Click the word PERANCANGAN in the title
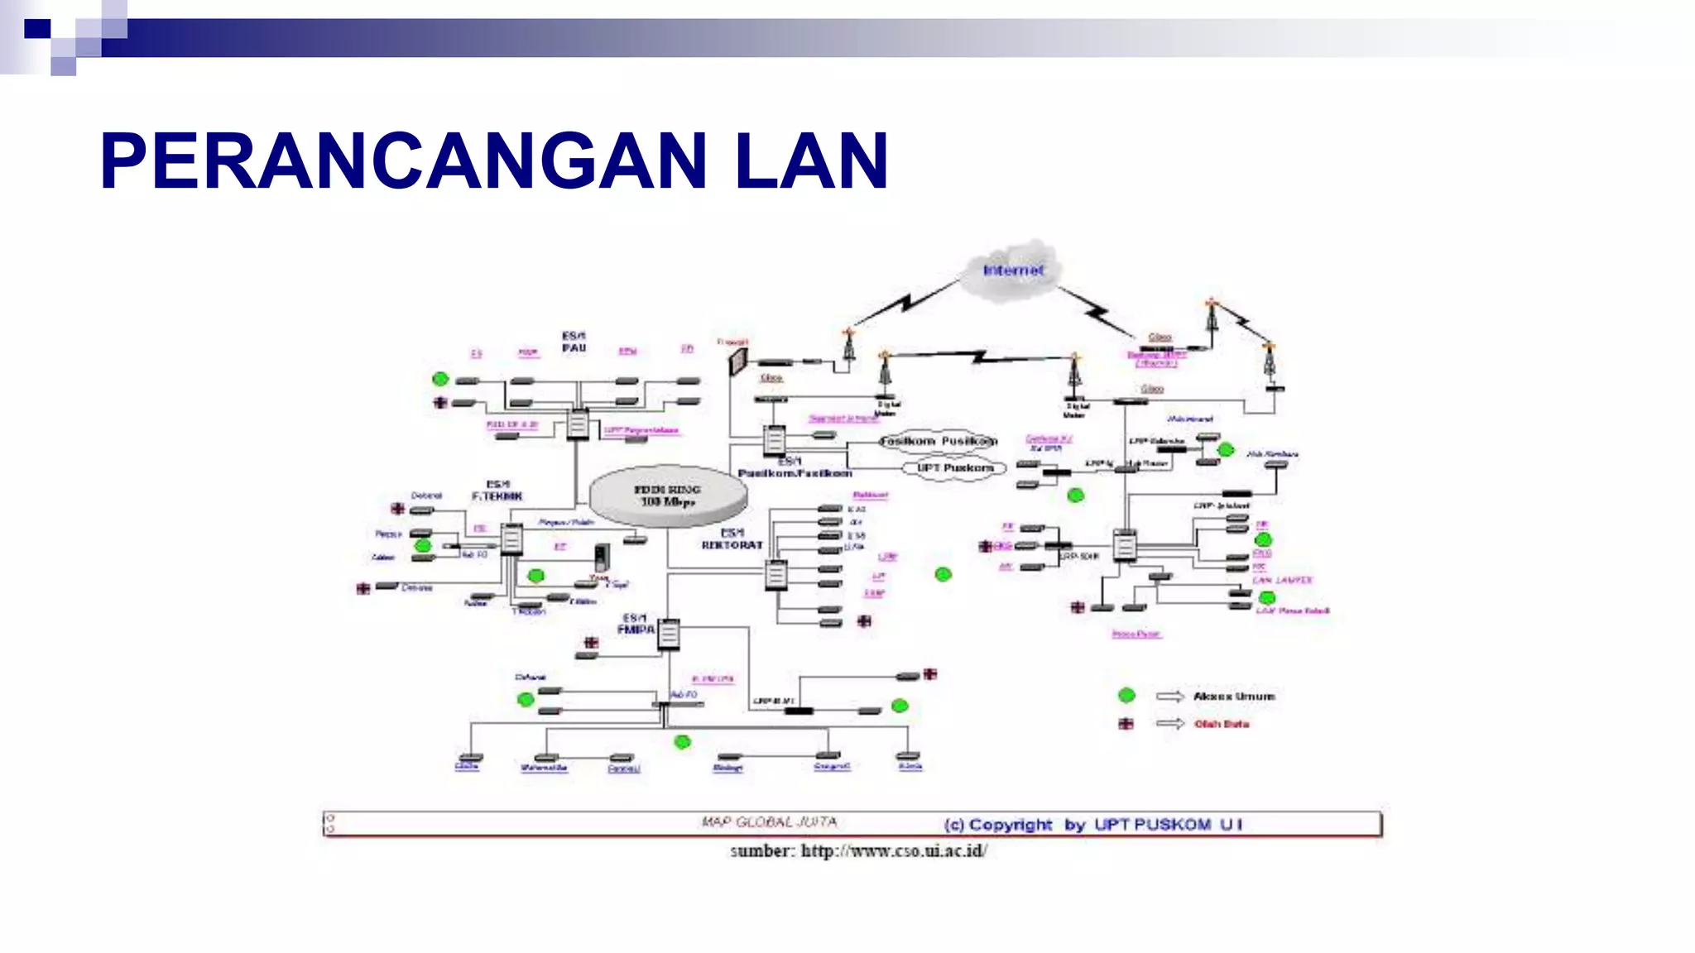point(404,161)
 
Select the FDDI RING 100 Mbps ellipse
point(668,496)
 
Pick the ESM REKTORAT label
point(732,539)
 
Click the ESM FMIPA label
point(636,624)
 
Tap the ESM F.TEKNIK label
point(497,490)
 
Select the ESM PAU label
point(574,342)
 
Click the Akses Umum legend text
point(1233,697)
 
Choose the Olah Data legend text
point(1222,724)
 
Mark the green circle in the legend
point(1126,695)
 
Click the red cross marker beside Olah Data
point(1126,724)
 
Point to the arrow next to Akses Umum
point(1170,697)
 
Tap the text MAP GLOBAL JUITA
point(769,822)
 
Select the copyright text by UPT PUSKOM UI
point(1092,825)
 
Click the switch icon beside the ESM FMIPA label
point(669,635)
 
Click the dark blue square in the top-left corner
point(37,29)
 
